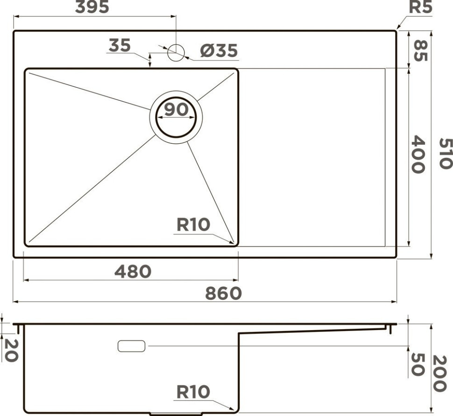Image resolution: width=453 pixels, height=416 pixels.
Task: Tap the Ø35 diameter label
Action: pyautogui.click(x=219, y=50)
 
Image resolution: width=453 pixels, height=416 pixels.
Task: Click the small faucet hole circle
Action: pyautogui.click(x=176, y=52)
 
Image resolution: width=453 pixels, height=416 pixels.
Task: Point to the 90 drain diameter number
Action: pyautogui.click(x=176, y=109)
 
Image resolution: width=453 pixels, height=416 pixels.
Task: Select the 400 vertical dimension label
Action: pyautogui.click(x=418, y=155)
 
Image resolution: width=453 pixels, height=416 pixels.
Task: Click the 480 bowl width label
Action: pyautogui.click(x=133, y=271)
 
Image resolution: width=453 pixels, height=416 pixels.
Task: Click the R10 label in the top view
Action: pyautogui.click(x=193, y=225)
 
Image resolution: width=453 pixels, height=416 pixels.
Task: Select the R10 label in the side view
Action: pyautogui.click(x=193, y=392)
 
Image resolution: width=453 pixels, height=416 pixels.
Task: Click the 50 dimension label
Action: pyautogui.click(x=417, y=364)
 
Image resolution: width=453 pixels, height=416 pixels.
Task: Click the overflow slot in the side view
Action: pyautogui.click(x=131, y=346)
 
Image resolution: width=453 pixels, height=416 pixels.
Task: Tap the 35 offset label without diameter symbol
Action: pyautogui.click(x=120, y=46)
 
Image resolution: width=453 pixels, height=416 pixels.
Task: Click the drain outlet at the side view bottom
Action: pyautogui.click(x=176, y=414)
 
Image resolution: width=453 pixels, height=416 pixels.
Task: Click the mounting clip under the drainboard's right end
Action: pyautogui.click(x=388, y=330)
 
